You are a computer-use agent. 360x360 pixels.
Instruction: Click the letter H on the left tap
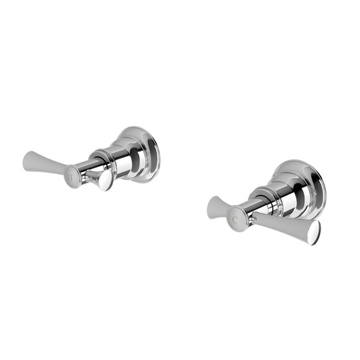(x=71, y=178)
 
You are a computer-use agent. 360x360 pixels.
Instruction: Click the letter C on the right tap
(x=236, y=220)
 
